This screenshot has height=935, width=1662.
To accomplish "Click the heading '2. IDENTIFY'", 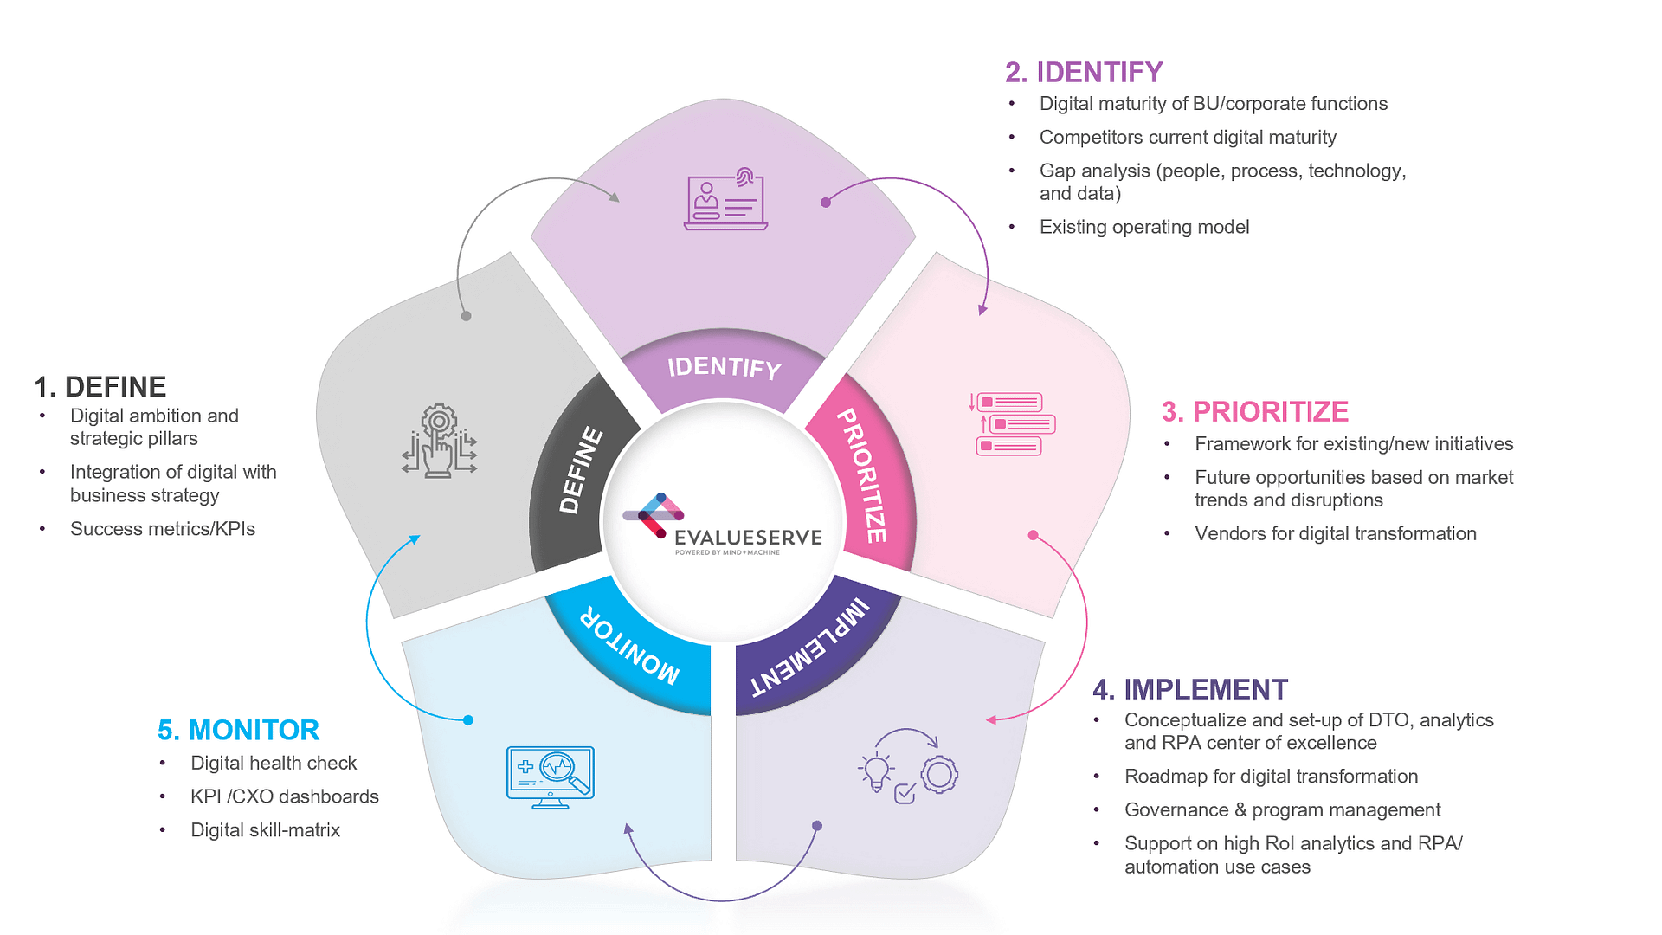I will coord(1084,72).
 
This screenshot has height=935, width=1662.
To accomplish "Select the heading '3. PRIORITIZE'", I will coord(1254,411).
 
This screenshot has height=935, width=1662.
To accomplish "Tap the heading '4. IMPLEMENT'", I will coord(1190,689).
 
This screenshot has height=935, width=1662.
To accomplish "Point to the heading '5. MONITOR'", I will coord(238,730).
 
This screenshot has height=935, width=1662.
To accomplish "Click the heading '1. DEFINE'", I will coord(100,386).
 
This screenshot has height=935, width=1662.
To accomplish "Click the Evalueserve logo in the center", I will coord(723,524).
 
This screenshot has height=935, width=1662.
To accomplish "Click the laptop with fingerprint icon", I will coord(725,199).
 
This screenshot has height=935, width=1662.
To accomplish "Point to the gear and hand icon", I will coord(440,442).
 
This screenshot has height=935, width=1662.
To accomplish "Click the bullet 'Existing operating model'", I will coord(1143,227).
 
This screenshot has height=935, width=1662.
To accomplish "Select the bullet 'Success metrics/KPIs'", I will coord(163,529).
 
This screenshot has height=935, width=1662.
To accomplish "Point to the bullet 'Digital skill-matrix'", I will coord(265,830).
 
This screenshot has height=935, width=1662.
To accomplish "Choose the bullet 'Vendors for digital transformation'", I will coord(1335,533).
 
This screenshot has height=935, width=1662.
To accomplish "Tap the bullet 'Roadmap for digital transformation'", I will coord(1271,777).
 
